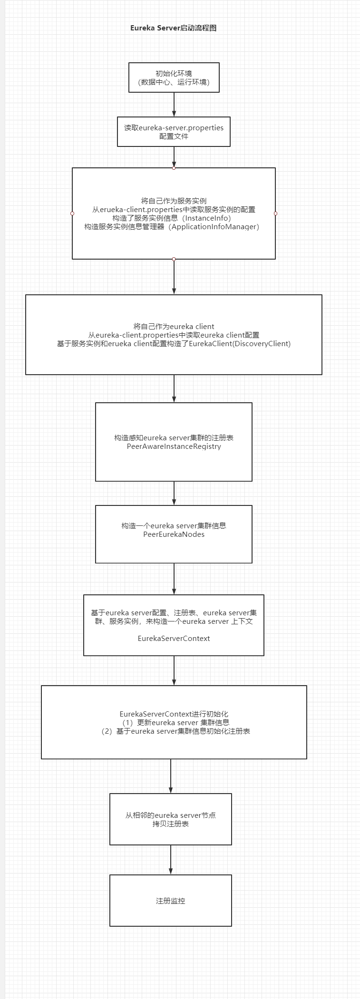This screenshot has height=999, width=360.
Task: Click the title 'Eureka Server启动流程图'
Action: [173, 28]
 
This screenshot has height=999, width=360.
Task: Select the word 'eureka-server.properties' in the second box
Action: [181, 128]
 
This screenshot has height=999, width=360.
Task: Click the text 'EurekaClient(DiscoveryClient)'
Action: [240, 343]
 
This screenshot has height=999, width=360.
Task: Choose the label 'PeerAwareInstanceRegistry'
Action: [174, 446]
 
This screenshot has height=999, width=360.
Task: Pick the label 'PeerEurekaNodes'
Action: [174, 534]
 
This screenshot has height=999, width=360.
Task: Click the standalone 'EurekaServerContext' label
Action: [174, 638]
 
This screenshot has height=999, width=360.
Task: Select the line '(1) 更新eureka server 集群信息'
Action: [174, 722]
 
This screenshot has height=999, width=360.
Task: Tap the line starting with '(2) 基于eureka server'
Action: [175, 731]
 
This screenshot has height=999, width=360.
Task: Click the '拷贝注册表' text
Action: [170, 824]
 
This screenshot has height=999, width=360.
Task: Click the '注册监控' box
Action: [170, 901]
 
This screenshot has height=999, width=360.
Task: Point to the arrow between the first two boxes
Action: [174, 104]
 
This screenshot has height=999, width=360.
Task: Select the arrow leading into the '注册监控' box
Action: [171, 859]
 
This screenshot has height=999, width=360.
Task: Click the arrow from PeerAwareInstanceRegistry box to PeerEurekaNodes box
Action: [174, 493]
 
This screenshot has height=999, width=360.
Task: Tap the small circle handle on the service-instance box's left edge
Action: [72, 213]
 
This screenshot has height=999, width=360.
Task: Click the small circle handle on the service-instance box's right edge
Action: [275, 213]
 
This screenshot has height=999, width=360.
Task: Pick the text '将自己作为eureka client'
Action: [174, 326]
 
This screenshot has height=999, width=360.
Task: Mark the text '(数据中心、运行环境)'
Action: [174, 82]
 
